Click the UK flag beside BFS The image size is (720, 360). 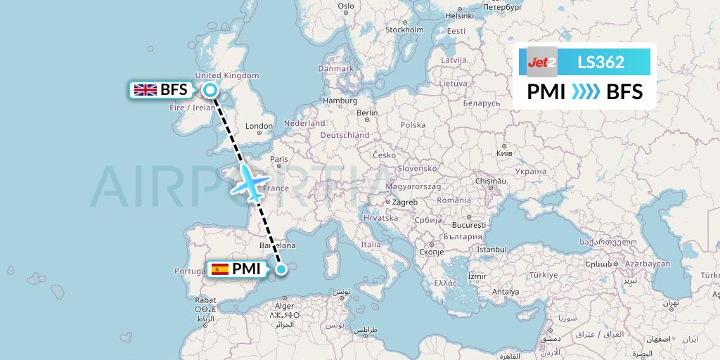click(146, 89)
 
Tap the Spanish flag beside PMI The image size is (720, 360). click(219, 269)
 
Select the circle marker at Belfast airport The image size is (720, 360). click(210, 89)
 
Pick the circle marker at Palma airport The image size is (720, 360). click(281, 268)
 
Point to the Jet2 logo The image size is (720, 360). click(542, 61)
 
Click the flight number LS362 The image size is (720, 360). click(600, 62)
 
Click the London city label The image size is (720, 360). click(259, 127)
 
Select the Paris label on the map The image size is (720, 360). click(280, 159)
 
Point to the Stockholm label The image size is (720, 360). click(404, 30)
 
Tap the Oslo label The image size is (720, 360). click(346, 6)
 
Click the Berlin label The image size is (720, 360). click(367, 113)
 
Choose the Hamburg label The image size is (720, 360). click(340, 101)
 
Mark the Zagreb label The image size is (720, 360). click(405, 202)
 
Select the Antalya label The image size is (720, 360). click(506, 291)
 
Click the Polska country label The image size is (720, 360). click(413, 125)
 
